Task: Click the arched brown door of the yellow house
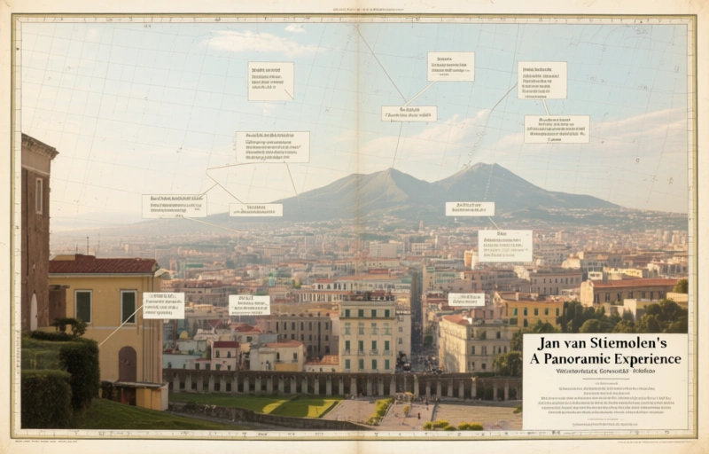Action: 128,364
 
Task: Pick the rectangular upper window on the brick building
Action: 39,195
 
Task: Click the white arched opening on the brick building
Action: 34,311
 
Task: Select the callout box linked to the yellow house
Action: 164,305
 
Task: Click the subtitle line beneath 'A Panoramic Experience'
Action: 604,373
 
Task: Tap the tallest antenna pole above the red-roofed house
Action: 87,245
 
